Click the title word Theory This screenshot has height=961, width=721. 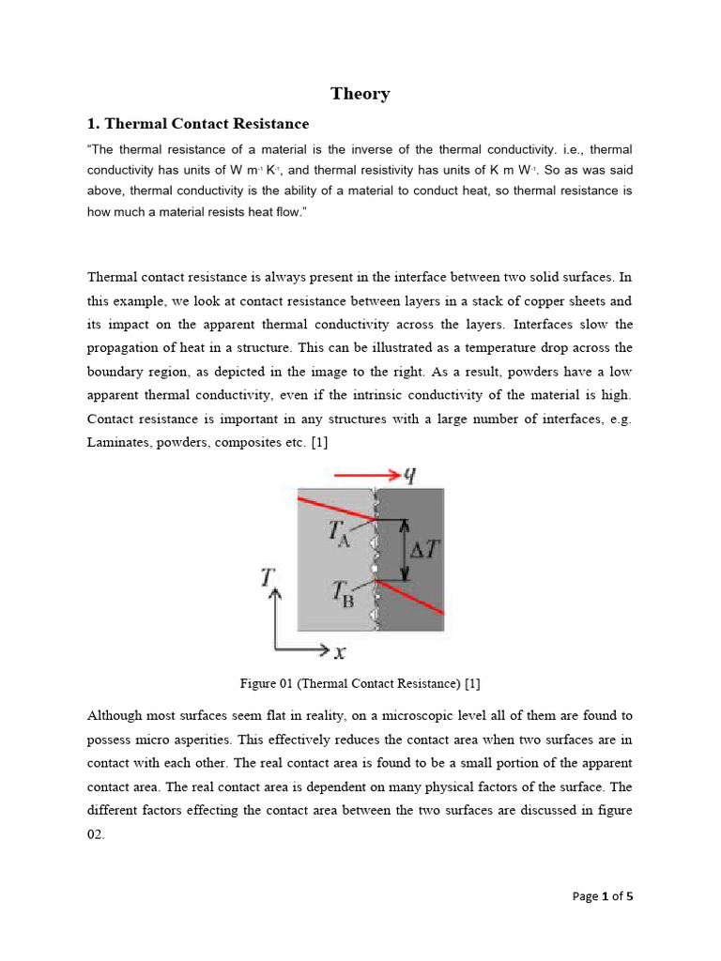[360, 93]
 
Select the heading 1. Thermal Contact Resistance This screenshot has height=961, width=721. [198, 124]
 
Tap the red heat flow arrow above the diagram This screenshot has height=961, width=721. [367, 475]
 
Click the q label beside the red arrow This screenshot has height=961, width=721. [410, 475]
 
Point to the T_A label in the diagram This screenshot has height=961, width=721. [340, 532]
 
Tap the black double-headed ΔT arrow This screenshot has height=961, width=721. [405, 550]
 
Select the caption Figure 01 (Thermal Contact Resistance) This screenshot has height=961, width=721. [360, 683]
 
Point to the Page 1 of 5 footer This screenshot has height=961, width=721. [603, 896]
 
